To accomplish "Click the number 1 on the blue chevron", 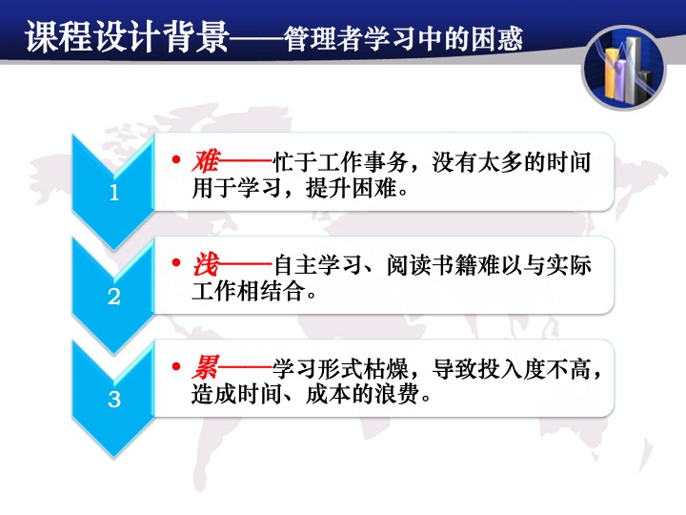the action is [x=114, y=193].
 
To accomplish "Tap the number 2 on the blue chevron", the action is [x=114, y=297].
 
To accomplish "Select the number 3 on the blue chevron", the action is [x=114, y=399].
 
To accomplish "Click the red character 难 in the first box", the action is [x=206, y=161].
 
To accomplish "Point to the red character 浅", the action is [x=206, y=264].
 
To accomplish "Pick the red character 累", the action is [x=206, y=367].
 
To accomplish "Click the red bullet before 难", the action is [x=176, y=159].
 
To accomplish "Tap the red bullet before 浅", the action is [x=176, y=263].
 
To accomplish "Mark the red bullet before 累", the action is [x=176, y=366].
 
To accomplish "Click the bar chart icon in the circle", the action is [x=624, y=69].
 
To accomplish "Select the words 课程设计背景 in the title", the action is [x=127, y=37].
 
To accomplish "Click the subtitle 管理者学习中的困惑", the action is [x=403, y=39].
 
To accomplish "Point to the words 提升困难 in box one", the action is [x=352, y=189].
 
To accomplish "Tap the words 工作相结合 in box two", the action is [x=249, y=291].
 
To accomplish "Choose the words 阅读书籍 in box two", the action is [x=432, y=265].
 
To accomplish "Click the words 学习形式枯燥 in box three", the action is [x=341, y=368].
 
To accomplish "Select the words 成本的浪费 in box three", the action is [x=362, y=394].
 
